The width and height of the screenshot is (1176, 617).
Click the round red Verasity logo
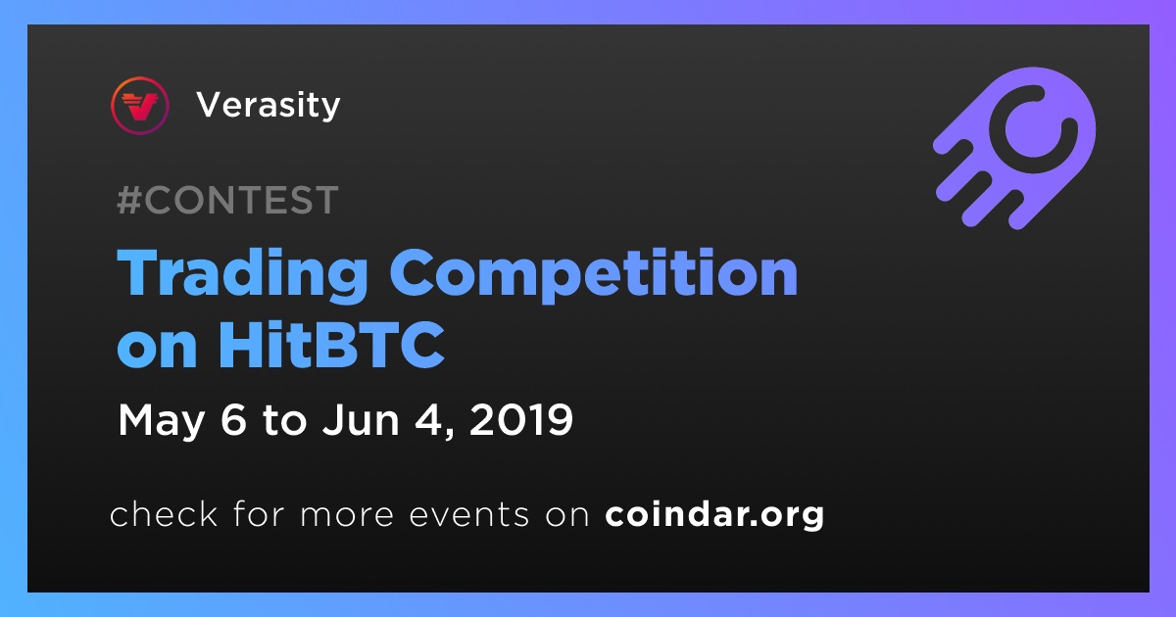point(140,106)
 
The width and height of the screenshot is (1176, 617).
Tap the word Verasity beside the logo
point(269,106)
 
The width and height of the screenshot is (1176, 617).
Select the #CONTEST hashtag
point(227,200)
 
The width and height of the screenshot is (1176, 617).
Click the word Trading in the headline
point(242,273)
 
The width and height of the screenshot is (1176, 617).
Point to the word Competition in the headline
point(593,273)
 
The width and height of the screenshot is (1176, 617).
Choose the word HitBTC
point(332,345)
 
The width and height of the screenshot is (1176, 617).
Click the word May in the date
point(161,421)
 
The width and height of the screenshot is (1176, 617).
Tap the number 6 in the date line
point(233,419)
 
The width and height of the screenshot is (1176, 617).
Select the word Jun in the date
point(361,419)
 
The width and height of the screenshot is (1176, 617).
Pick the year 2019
point(520,419)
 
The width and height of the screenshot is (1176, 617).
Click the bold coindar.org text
point(714,515)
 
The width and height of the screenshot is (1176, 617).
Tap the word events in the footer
point(468,515)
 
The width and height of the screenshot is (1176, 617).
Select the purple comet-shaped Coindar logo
point(1014,148)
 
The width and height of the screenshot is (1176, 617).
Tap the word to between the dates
point(284,420)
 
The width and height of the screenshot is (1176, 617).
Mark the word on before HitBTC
point(157,351)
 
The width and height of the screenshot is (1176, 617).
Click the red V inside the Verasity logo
point(140,107)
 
